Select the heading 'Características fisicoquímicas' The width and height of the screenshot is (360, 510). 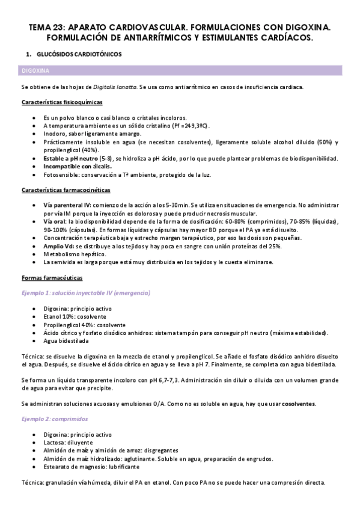pyautogui.click(x=61, y=102)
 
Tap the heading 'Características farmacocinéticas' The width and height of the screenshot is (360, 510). pyautogui.click(x=66, y=190)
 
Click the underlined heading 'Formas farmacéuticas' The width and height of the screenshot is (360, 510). pyautogui.click(x=52, y=278)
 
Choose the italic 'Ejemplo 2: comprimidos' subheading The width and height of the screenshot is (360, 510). pyautogui.click(x=54, y=418)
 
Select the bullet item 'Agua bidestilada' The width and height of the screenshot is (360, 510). pyautogui.click(x=66, y=340)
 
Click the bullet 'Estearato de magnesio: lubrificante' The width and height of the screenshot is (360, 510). pyautogui.click(x=91, y=467)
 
